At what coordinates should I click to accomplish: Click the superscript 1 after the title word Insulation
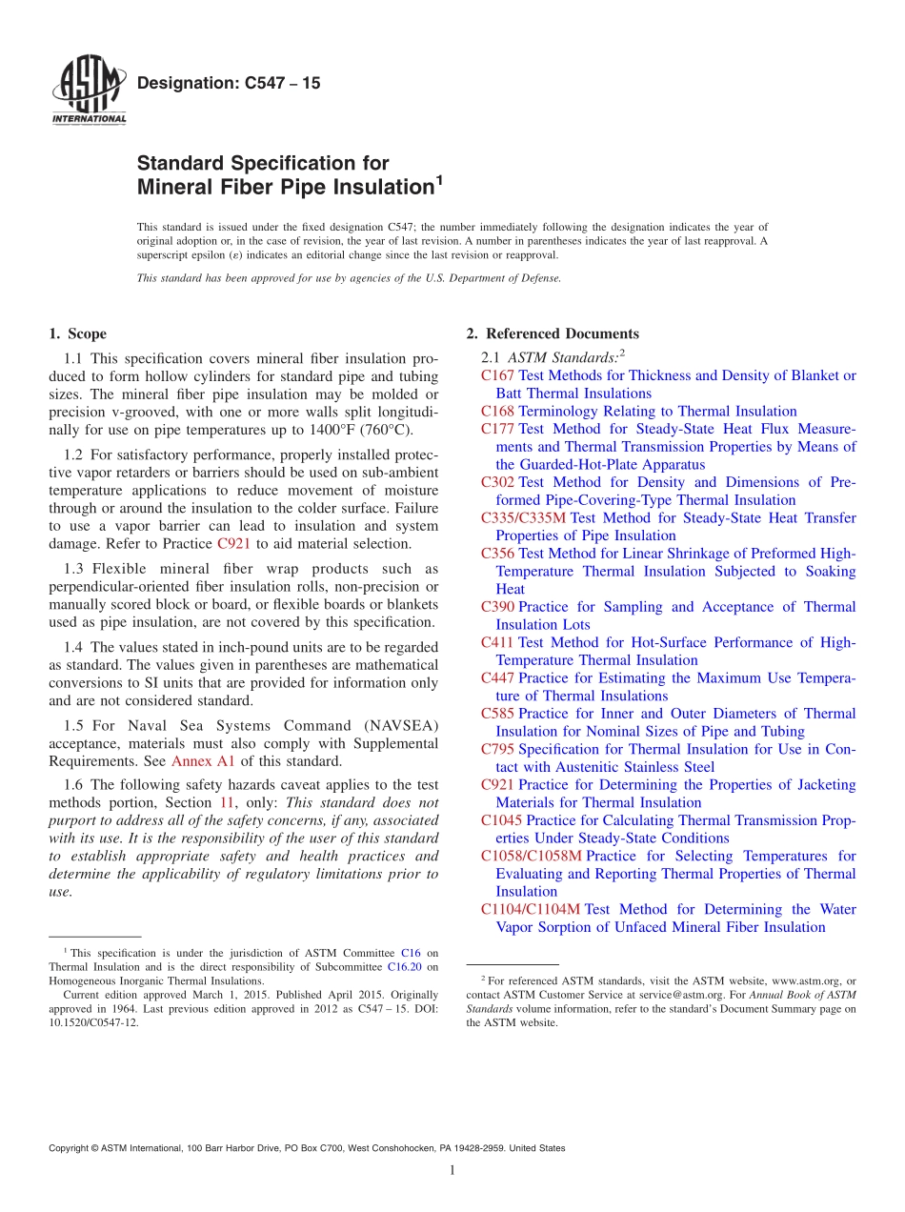pyautogui.click(x=439, y=179)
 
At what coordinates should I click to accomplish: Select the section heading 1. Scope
pyautogui.click(x=77, y=334)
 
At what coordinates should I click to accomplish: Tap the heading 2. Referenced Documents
pyautogui.click(x=552, y=334)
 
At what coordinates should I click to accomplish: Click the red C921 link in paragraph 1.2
pyautogui.click(x=233, y=544)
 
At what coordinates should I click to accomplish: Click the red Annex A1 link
pyautogui.click(x=197, y=760)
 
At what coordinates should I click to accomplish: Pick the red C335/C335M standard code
pyautogui.click(x=523, y=518)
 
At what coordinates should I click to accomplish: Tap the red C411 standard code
pyautogui.click(x=497, y=643)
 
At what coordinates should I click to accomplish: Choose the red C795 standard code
pyautogui.click(x=497, y=750)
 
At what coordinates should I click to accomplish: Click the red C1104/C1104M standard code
pyautogui.click(x=531, y=910)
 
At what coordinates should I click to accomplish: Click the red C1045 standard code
pyautogui.click(x=501, y=820)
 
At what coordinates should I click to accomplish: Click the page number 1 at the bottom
pyautogui.click(x=452, y=1171)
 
